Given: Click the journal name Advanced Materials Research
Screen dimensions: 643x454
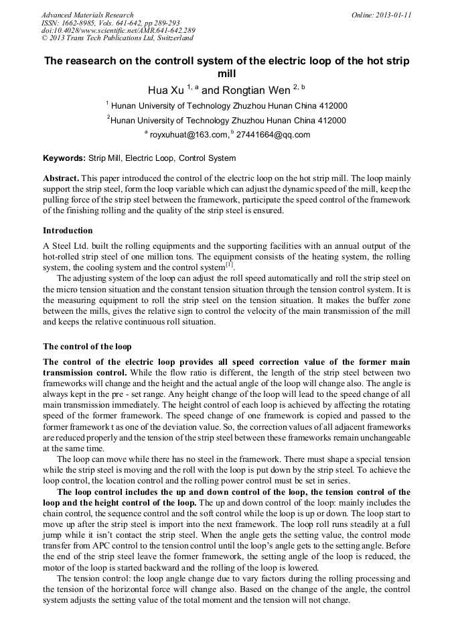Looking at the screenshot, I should (x=87, y=15).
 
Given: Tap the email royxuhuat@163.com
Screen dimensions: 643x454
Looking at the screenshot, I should (x=188, y=135).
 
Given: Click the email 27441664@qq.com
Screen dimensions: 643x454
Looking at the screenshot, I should (x=273, y=135).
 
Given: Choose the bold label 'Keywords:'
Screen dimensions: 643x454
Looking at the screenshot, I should (x=64, y=159).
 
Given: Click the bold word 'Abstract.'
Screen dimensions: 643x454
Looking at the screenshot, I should (x=61, y=179).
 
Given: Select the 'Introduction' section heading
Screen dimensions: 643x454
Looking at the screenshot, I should (x=68, y=230).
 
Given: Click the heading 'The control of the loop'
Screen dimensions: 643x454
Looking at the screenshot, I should (x=87, y=346).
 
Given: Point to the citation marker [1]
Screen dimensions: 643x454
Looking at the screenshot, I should (x=229, y=265).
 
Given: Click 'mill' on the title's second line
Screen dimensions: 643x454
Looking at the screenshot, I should (x=227, y=74).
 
